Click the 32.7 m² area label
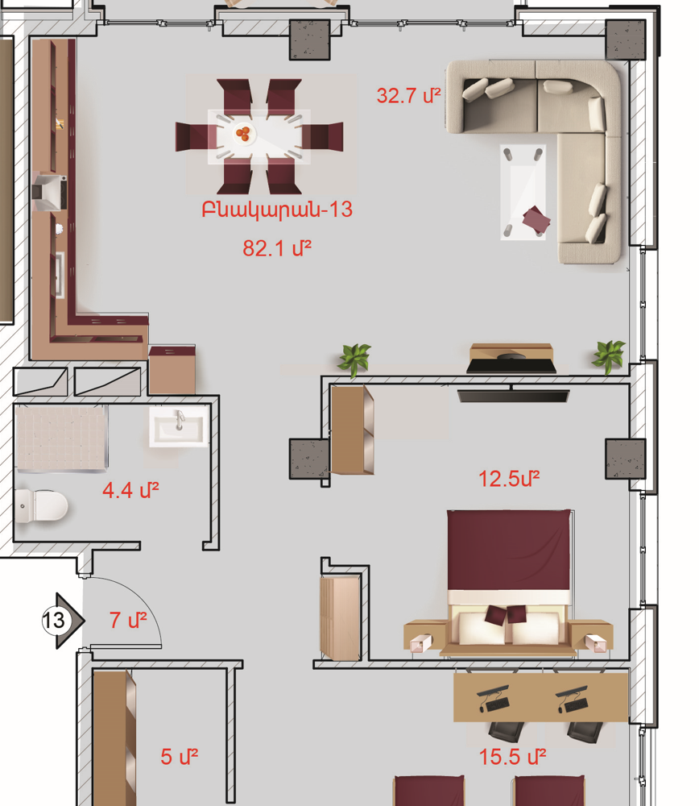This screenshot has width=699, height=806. pos(408,96)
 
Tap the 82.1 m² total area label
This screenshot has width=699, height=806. pos(277,248)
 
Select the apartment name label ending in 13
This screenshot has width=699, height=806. pos(277,210)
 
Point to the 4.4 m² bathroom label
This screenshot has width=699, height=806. pos(130,490)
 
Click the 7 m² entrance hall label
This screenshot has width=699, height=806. pos(128,620)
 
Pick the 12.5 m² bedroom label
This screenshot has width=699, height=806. pos(509,479)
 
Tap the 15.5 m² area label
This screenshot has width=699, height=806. pos(512,757)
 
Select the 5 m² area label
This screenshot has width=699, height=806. pos(180,756)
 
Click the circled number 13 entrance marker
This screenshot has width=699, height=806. pos(54,620)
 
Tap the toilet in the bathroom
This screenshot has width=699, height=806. pos(41,506)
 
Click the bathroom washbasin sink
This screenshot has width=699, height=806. pos(179,426)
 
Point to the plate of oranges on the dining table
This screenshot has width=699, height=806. pos(243,134)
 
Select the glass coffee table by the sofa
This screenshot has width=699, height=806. pos(523,193)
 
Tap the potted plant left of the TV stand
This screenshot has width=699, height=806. pos(354,359)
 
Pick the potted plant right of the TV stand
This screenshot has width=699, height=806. pos(609,355)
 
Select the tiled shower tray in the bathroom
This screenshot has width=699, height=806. pos(61,438)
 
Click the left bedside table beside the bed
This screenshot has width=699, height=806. pos(424,637)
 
